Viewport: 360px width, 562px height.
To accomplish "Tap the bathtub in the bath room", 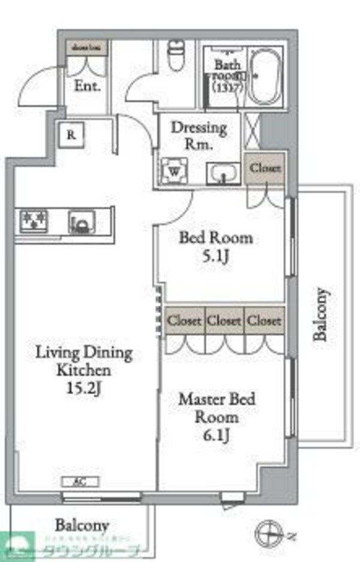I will pyautogui.click(x=268, y=77).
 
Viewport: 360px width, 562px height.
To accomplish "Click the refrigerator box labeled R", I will pyautogui.click(x=71, y=135).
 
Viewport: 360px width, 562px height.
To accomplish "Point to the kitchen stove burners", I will pyautogui.click(x=34, y=221).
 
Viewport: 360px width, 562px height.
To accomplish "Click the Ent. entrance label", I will pyautogui.click(x=88, y=85).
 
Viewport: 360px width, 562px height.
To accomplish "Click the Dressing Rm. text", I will pyautogui.click(x=199, y=136).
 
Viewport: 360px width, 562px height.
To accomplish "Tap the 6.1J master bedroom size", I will pyautogui.click(x=216, y=435).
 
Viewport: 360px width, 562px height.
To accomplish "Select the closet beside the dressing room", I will pyautogui.click(x=265, y=169).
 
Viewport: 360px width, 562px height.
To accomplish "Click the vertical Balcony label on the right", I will pyautogui.click(x=322, y=315).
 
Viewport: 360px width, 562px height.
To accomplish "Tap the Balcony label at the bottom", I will pyautogui.click(x=82, y=525).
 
